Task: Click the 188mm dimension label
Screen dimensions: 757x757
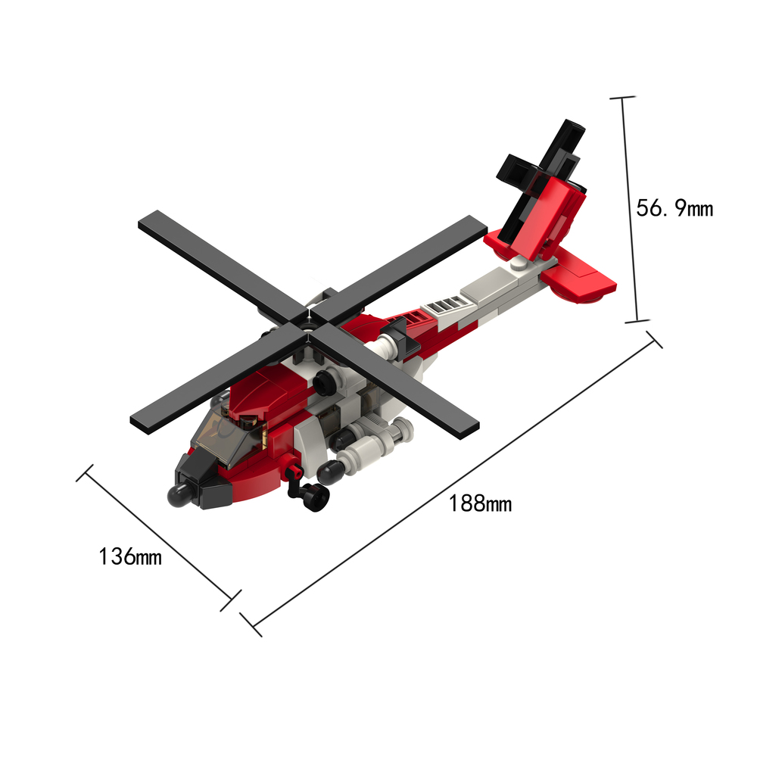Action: click(x=480, y=503)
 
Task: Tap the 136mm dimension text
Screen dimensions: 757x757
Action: click(x=130, y=556)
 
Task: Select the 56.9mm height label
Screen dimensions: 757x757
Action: click(x=674, y=208)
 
